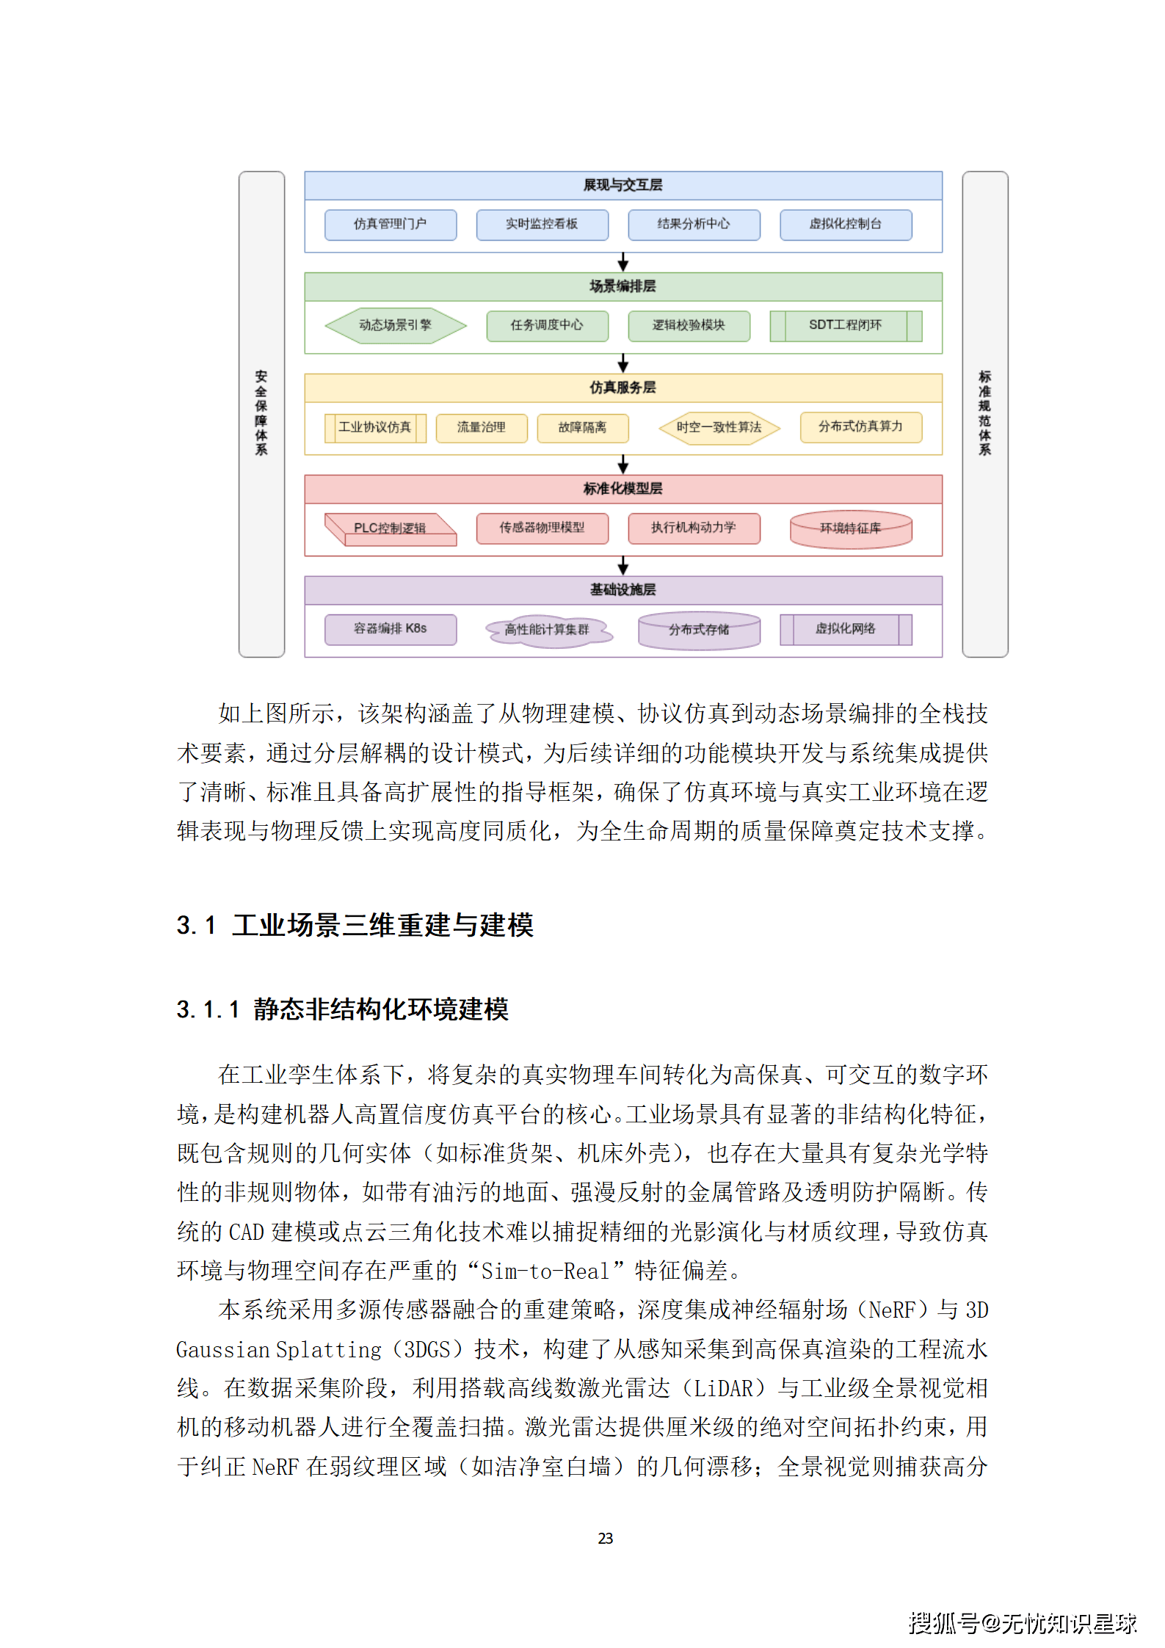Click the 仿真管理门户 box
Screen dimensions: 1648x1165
pyautogui.click(x=391, y=225)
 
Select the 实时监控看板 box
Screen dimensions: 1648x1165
pyautogui.click(x=542, y=225)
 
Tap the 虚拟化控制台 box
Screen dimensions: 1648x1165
pyautogui.click(x=846, y=225)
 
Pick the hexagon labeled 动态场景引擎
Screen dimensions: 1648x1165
pyautogui.click(x=396, y=325)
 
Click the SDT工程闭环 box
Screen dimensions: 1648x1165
pyautogui.click(x=846, y=325)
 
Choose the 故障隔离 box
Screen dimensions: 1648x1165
pyautogui.click(x=583, y=427)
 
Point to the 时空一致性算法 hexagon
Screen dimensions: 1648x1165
pyautogui.click(x=719, y=427)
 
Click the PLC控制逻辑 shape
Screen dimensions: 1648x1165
pyautogui.click(x=391, y=529)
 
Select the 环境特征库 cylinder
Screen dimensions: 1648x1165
pyautogui.click(x=851, y=529)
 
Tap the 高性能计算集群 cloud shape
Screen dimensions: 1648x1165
pyautogui.click(x=548, y=630)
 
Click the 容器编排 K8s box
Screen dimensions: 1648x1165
pyautogui.click(x=391, y=629)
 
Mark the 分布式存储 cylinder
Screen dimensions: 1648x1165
pyautogui.click(x=699, y=630)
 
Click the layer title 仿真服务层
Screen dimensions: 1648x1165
pyautogui.click(x=623, y=388)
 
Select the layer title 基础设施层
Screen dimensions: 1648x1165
pyautogui.click(x=623, y=590)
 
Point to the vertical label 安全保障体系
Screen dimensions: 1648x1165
pyautogui.click(x=261, y=413)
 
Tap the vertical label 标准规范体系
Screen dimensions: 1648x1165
pyautogui.click(x=985, y=413)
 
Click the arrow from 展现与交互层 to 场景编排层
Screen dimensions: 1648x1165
pyautogui.click(x=623, y=262)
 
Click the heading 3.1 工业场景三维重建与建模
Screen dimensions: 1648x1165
pyautogui.click(x=355, y=925)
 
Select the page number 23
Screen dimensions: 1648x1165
pyautogui.click(x=606, y=1539)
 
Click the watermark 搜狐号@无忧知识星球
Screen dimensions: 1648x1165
pyautogui.click(x=1023, y=1623)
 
